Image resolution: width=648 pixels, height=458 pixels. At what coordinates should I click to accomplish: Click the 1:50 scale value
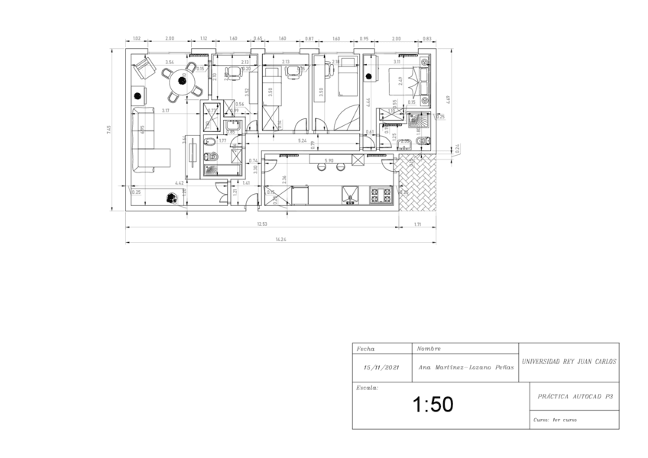[x=433, y=405]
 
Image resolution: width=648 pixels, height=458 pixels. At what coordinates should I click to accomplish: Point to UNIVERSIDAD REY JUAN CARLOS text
[x=569, y=362]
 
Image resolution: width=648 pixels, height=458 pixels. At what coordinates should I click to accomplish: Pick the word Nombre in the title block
[x=429, y=349]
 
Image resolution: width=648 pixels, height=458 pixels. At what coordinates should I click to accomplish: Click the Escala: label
[x=368, y=388]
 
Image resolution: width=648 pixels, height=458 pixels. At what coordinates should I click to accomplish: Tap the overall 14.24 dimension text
[x=282, y=240]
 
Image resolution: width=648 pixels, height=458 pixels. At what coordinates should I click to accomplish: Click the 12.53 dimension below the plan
[x=261, y=224]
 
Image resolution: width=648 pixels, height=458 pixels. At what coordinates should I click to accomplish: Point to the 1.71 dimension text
[x=418, y=224]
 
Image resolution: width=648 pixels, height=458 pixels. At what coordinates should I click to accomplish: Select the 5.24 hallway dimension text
[x=303, y=140]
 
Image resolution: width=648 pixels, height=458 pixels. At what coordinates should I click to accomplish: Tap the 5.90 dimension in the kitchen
[x=329, y=160]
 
